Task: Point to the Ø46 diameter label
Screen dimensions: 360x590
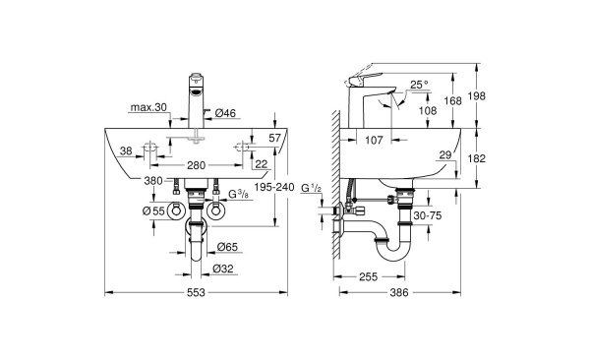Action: point(224,114)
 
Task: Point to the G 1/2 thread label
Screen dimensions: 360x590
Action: point(313,188)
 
